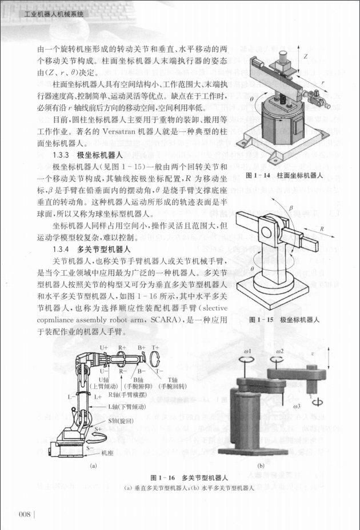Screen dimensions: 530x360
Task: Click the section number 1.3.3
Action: pyautogui.click(x=62, y=155)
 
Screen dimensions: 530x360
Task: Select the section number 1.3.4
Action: pyautogui.click(x=62, y=249)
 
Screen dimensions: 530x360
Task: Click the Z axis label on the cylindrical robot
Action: pyautogui.click(x=306, y=57)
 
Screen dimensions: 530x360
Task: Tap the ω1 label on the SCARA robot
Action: pyautogui.click(x=247, y=350)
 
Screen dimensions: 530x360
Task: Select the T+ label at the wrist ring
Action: pyautogui.click(x=155, y=347)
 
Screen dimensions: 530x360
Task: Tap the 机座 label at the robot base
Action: pyautogui.click(x=107, y=453)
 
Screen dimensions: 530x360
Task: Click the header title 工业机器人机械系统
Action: pyautogui.click(x=42, y=15)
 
